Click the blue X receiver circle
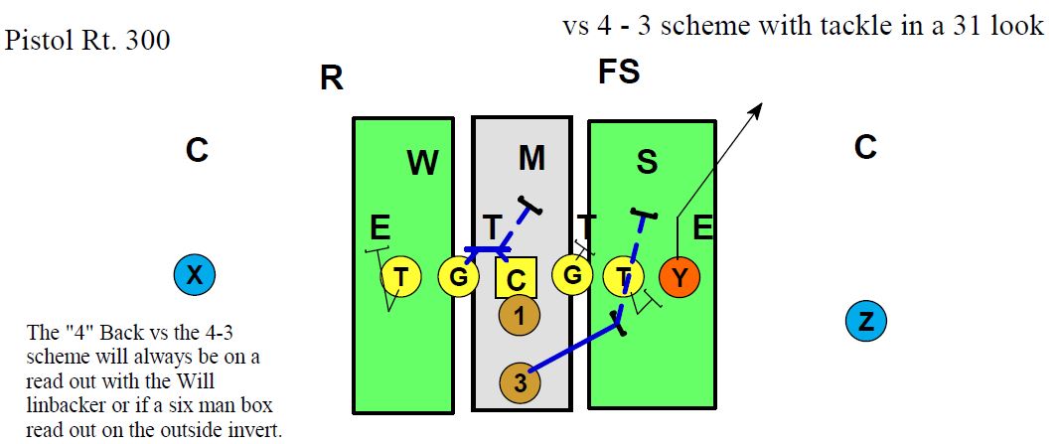pos(194,274)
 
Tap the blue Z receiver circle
pos(865,320)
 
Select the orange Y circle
pos(680,277)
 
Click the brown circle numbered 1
pos(519,316)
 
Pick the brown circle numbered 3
pos(520,382)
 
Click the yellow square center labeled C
pos(516,278)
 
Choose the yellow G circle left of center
pos(458,277)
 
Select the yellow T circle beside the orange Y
pos(624,277)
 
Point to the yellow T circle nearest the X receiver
pos(400,276)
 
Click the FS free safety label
pos(618,72)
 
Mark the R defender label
pos(331,78)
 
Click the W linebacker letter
pos(422,163)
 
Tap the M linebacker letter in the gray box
pos(532,157)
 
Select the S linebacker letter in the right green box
pos(647,162)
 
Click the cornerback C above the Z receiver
pos(865,148)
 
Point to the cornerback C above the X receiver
pos(197,150)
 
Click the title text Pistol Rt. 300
pos(87,41)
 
